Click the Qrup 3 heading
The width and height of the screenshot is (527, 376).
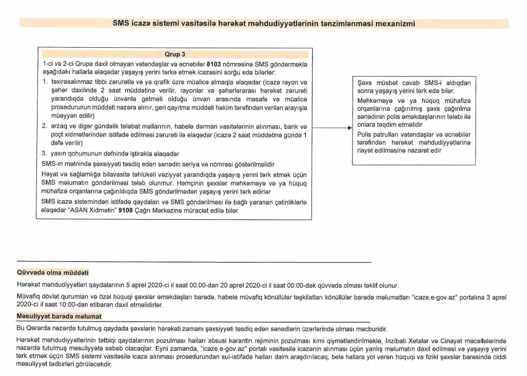pyautogui.click(x=175, y=54)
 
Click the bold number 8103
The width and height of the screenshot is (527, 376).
pyautogui.click(x=214, y=64)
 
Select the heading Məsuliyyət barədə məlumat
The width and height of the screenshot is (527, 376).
pyautogui.click(x=60, y=316)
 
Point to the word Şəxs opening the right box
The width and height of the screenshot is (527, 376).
pyautogui.click(x=365, y=83)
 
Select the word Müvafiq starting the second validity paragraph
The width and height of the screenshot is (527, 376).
pyautogui.click(x=29, y=297)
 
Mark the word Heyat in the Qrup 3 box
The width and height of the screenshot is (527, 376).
pyautogui.click(x=50, y=174)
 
